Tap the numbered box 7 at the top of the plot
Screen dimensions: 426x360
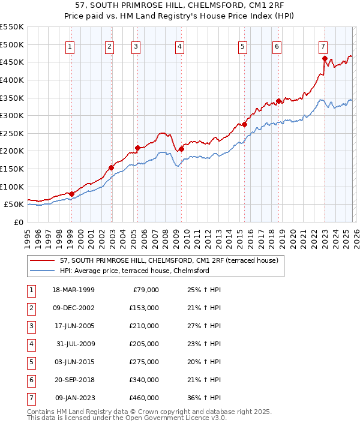point(323,46)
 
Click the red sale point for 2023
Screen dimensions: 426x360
point(325,59)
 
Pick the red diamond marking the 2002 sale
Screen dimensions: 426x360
point(111,167)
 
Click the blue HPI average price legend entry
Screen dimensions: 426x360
point(134,271)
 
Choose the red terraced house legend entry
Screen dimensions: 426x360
point(169,261)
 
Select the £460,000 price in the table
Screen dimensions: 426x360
point(144,397)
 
